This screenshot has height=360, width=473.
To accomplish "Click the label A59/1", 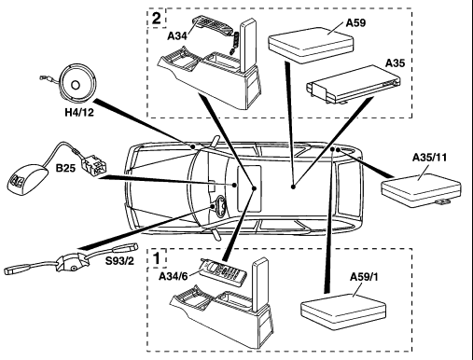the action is click(364, 276).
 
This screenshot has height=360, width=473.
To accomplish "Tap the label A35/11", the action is click(429, 158).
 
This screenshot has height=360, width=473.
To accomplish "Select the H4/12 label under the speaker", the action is click(79, 112).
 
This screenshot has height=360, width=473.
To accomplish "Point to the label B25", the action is click(65, 168).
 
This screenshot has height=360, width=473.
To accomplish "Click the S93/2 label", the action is click(119, 261).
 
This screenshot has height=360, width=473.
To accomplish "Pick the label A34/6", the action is click(174, 276).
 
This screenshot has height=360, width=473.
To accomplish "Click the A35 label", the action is click(396, 63).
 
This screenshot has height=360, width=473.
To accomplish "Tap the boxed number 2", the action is click(157, 18).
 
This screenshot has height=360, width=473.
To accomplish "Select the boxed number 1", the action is click(157, 258).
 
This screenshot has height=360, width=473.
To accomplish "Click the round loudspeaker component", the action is click(77, 84).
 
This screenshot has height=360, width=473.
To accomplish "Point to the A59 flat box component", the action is click(311, 45).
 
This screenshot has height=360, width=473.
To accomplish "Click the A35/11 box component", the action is click(422, 190).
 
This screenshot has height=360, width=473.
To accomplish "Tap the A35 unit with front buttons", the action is click(354, 85).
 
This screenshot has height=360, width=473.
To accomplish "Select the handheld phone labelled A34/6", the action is click(223, 272).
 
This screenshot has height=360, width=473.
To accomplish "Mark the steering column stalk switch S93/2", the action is click(71, 259).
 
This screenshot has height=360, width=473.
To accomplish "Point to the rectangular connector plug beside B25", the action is click(93, 164).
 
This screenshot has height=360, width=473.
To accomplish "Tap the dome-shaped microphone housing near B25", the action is click(27, 180).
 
